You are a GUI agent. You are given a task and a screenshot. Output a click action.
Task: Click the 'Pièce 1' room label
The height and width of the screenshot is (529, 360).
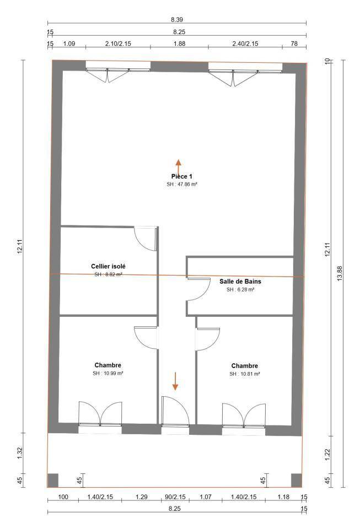pyautogui.click(x=181, y=176)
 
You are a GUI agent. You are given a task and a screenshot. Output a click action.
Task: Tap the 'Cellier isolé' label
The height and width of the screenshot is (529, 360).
pyautogui.click(x=108, y=267)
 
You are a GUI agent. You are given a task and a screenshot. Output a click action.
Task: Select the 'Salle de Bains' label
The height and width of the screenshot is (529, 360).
pyautogui.click(x=240, y=282)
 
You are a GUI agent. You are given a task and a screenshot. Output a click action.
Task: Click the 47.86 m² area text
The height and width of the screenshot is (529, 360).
pyautogui.click(x=182, y=185)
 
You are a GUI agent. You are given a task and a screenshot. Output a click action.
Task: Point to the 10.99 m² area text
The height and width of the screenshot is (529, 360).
pyautogui.click(x=108, y=374)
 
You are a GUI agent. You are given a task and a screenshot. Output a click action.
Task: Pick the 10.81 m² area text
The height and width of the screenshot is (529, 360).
pyautogui.click(x=245, y=374)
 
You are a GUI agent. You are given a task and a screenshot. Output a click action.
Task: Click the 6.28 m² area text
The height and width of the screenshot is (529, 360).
pyautogui.click(x=240, y=289)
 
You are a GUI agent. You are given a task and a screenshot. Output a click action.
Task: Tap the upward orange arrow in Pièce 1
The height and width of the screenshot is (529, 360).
pyautogui.click(x=178, y=168)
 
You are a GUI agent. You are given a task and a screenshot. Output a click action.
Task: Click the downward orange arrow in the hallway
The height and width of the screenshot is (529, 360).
pyautogui.click(x=175, y=381)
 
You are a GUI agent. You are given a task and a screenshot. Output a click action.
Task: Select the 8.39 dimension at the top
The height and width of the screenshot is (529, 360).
pyautogui.click(x=177, y=20)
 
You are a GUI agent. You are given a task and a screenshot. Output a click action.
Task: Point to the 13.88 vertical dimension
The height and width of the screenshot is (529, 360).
pyautogui.click(x=340, y=273)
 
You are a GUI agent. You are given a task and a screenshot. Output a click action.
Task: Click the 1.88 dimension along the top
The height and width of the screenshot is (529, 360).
pyautogui.click(x=179, y=44)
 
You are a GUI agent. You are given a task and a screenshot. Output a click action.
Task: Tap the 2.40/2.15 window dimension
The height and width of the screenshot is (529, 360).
pyautogui.click(x=245, y=44)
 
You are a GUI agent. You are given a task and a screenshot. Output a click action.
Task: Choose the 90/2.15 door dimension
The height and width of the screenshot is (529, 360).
pyautogui.click(x=175, y=497)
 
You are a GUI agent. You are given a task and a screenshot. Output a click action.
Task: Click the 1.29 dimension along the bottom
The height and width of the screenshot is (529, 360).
pyautogui.click(x=142, y=497)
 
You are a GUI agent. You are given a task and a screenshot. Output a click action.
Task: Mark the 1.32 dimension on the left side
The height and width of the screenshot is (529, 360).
pyautogui.click(x=19, y=453)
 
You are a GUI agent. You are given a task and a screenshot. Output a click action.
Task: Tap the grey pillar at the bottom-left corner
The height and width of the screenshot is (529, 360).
pyautogui.click(x=52, y=481)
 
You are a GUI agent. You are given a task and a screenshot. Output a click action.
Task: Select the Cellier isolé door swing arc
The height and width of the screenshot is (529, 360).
pyautogui.click(x=141, y=244)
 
